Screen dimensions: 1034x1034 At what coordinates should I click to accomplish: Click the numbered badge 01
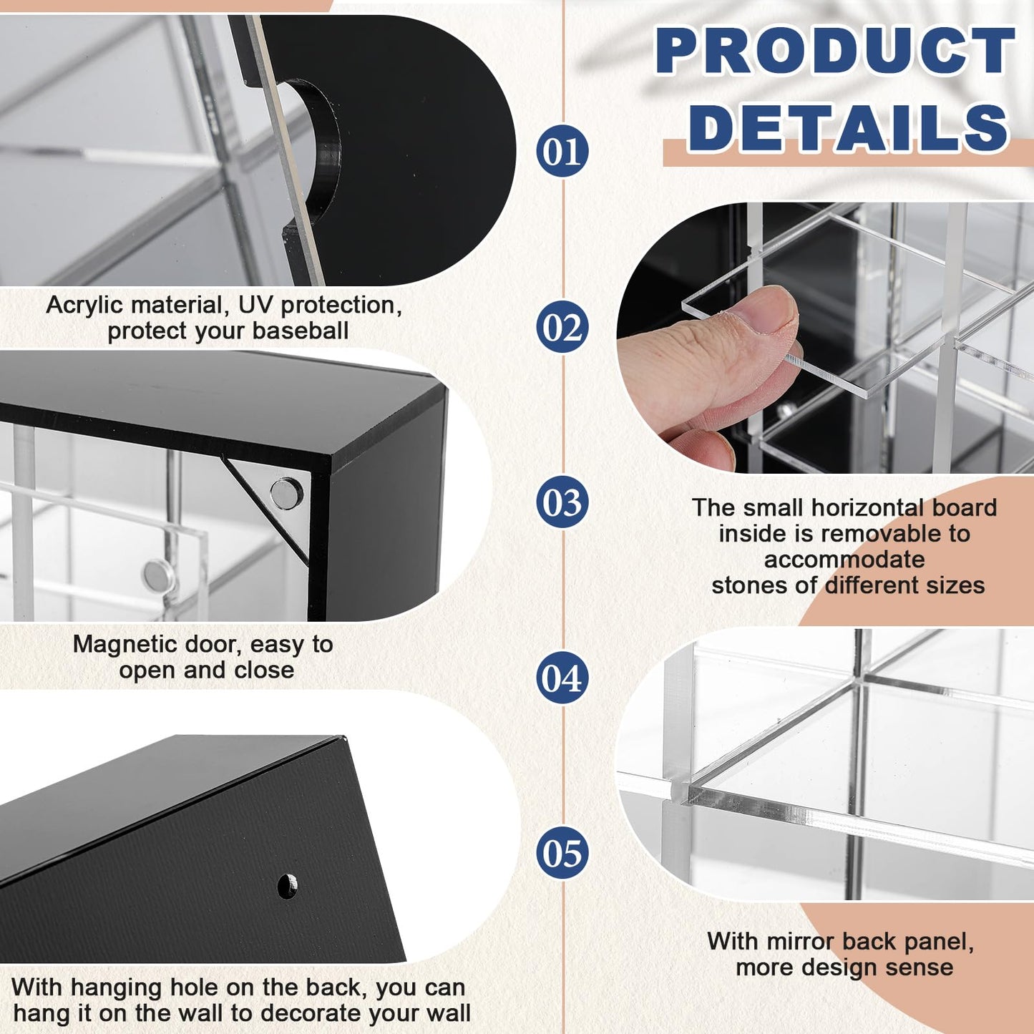562,151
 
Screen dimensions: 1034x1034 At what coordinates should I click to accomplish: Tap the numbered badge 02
562,326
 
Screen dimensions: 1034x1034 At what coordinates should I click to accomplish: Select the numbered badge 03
562,502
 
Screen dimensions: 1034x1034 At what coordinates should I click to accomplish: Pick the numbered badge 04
562,677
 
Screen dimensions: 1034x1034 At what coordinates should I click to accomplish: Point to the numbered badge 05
562,853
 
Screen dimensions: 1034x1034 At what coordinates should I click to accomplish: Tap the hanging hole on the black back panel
287,886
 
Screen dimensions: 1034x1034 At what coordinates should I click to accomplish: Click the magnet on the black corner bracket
286,494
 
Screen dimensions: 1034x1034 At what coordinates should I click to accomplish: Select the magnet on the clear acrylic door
160,575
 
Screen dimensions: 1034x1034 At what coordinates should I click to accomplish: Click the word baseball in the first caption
301,331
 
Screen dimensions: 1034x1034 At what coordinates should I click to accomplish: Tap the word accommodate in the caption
844,560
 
